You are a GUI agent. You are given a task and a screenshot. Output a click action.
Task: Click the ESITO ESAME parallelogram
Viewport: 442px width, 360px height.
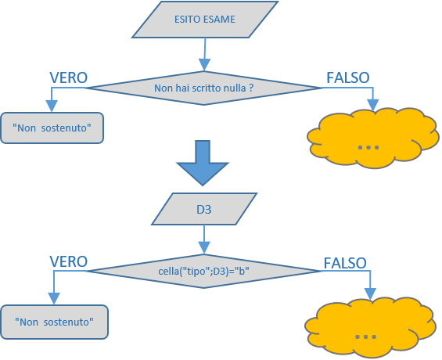205,19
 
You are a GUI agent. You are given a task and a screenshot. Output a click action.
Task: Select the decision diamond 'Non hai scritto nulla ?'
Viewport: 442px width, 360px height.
204,88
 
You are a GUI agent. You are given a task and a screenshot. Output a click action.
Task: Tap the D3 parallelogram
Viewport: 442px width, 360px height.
204,209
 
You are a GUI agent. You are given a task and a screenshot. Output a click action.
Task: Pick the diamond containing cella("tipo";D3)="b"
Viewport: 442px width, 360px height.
204,271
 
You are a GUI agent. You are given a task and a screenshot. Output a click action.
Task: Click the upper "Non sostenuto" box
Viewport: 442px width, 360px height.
52,128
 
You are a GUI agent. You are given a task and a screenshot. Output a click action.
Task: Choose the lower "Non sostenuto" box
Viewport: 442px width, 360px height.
54,322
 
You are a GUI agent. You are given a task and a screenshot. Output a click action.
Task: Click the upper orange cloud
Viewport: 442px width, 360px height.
373,138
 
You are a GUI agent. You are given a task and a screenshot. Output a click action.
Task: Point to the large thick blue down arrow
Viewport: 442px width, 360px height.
203,163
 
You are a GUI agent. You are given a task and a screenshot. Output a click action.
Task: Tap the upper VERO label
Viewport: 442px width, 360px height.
69,77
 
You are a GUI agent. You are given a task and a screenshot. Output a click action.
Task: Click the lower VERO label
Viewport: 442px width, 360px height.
69,261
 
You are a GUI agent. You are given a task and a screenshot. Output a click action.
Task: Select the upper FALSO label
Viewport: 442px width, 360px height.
348,77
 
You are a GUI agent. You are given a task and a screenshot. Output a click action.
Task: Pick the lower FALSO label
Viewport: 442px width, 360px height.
345,263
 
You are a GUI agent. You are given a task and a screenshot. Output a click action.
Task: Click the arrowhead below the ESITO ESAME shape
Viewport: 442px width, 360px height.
205,65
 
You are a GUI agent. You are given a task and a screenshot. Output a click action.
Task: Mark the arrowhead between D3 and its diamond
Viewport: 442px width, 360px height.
204,248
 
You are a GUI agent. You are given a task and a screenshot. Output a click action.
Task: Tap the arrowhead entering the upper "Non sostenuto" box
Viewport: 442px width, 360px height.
52,106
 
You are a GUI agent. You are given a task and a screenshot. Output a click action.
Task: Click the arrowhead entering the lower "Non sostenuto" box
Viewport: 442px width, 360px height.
54,298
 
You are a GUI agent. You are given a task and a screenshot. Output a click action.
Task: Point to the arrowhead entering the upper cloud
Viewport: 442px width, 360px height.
373,105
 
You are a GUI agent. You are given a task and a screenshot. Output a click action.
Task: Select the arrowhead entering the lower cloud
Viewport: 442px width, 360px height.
370,294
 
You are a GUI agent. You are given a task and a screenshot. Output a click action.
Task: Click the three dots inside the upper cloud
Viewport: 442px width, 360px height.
368,147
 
